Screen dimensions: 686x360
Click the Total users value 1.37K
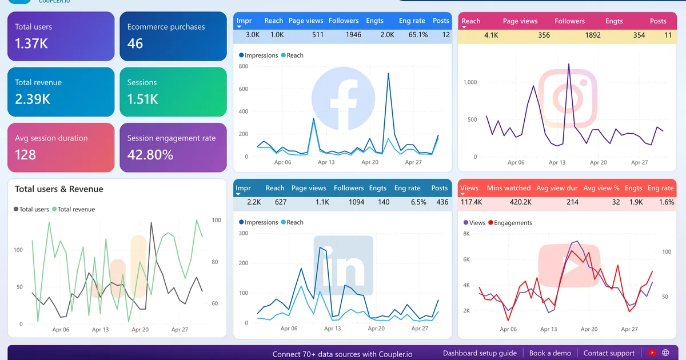click(x=31, y=43)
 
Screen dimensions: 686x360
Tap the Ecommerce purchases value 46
click(x=135, y=43)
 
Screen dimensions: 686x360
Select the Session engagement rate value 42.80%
click(x=150, y=155)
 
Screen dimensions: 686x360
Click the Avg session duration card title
click(x=51, y=138)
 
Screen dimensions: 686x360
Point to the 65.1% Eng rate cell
click(x=418, y=35)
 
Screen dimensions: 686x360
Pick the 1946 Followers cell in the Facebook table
click(x=353, y=35)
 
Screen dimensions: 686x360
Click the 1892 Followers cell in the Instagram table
click(x=593, y=35)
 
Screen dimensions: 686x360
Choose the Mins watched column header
click(x=509, y=188)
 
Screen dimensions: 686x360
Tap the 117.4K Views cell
click(x=471, y=202)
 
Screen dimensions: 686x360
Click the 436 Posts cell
click(x=442, y=202)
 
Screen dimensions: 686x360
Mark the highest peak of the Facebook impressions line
click(x=388, y=73)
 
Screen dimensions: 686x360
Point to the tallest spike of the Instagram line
click(x=569, y=64)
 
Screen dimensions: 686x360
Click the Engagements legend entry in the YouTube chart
click(x=510, y=223)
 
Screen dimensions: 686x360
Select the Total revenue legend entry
click(x=74, y=209)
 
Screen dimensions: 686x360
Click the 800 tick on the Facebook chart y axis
click(x=244, y=66)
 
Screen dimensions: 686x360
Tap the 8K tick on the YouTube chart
click(x=466, y=234)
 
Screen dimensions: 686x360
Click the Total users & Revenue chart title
click(x=59, y=189)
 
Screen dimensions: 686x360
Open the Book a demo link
click(x=550, y=353)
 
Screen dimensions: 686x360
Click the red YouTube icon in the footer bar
click(x=652, y=353)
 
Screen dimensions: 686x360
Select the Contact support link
click(x=609, y=353)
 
